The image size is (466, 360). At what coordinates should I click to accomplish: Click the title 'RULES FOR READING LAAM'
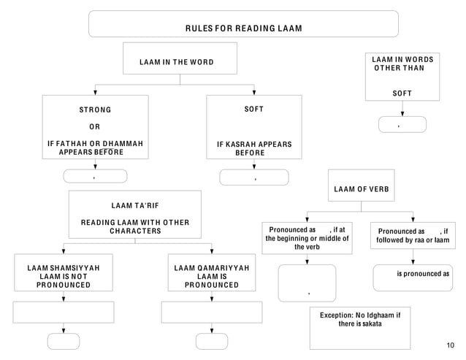click(x=243, y=28)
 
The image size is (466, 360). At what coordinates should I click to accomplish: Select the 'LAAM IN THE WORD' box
click(x=180, y=62)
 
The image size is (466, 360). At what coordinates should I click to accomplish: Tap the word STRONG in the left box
click(x=95, y=110)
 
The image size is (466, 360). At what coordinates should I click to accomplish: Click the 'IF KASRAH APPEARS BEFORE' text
click(x=253, y=148)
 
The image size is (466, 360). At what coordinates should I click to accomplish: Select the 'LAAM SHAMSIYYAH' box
click(x=64, y=276)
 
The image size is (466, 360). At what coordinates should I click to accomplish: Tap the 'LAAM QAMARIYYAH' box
click(x=212, y=276)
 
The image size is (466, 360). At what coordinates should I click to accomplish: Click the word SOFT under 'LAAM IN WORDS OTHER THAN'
click(x=402, y=93)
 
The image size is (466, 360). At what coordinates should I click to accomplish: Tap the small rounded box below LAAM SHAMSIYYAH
click(x=64, y=341)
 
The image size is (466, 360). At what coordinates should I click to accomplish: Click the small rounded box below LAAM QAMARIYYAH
click(x=212, y=341)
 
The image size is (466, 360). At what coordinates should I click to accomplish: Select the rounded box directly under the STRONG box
click(x=95, y=176)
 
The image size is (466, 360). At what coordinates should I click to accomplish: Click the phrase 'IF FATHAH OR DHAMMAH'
click(x=95, y=143)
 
